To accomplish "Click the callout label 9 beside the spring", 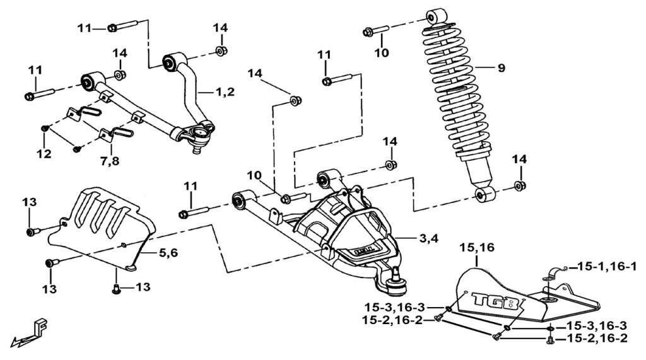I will (501, 68).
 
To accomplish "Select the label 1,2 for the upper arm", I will (224, 92).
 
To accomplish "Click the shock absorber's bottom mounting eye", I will (484, 194).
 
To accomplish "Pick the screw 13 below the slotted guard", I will (116, 288).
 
